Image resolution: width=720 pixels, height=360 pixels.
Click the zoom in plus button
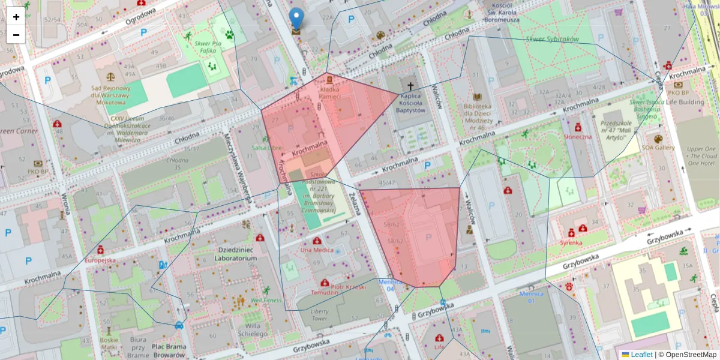pyautogui.click(x=16, y=17)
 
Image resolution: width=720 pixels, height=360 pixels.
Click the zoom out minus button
pyautogui.click(x=16, y=35)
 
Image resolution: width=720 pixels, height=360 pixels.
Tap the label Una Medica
pyautogui.click(x=316, y=250)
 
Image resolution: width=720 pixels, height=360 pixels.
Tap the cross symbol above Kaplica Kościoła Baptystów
pyautogui.click(x=411, y=86)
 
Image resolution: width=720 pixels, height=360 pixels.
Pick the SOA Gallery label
pyautogui.click(x=658, y=148)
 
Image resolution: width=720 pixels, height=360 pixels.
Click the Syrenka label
pyautogui.click(x=571, y=243)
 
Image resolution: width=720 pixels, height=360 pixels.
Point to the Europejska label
pyautogui.click(x=100, y=261)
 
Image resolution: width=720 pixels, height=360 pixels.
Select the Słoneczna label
pyautogui.click(x=578, y=136)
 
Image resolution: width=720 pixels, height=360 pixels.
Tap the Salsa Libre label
pyautogui.click(x=266, y=148)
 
